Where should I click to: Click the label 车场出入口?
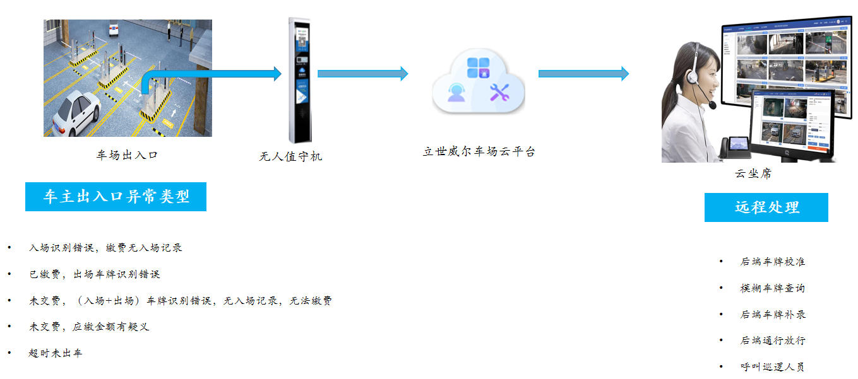pyautogui.click(x=127, y=155)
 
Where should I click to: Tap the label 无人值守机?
pyautogui.click(x=290, y=156)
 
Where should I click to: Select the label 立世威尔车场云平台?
pyautogui.click(x=479, y=151)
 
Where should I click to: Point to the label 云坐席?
pyautogui.click(x=753, y=174)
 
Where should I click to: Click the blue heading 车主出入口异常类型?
pyautogui.click(x=116, y=197)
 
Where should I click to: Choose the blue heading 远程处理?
pyautogui.click(x=766, y=207)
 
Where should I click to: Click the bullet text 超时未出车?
pyautogui.click(x=56, y=353)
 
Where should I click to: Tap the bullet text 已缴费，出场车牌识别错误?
pyautogui.click(x=94, y=274)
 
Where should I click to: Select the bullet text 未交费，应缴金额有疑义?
pyautogui.click(x=89, y=327)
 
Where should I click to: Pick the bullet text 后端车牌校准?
pyautogui.click(x=773, y=262)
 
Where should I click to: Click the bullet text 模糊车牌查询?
pyautogui.click(x=773, y=288)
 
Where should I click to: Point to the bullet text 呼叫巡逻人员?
pyautogui.click(x=773, y=367)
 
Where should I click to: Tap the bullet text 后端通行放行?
pyautogui.click(x=773, y=341)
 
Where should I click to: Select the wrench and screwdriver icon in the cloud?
pyautogui.click(x=499, y=93)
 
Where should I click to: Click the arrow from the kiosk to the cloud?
pyautogui.click(x=362, y=74)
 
